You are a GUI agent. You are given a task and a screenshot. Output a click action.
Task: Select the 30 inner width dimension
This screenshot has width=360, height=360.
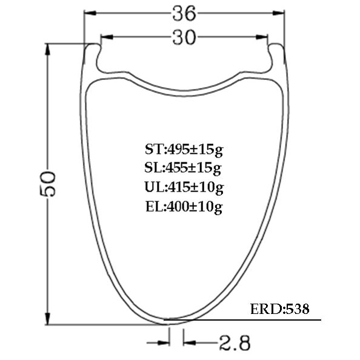184,38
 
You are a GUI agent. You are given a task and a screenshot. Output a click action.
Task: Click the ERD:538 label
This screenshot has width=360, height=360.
279,309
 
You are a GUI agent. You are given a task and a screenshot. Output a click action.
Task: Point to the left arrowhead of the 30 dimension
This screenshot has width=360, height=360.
105,38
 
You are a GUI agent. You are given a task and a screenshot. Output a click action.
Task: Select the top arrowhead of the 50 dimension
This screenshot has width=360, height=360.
49,50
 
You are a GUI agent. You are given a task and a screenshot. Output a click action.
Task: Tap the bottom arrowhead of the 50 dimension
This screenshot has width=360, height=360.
49,320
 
